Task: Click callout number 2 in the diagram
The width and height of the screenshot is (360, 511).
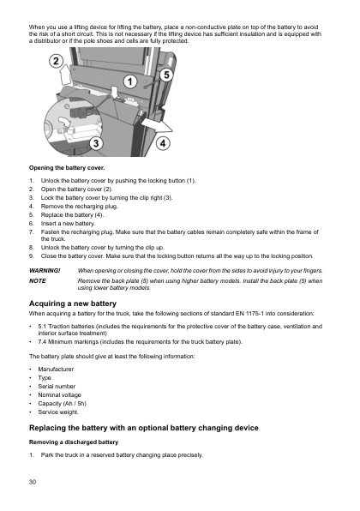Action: pos(55,62)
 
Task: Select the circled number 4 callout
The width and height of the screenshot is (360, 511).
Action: pos(162,144)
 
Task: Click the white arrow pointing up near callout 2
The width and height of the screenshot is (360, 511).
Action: pos(67,86)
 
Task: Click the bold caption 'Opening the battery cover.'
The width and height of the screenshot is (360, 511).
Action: pos(67,169)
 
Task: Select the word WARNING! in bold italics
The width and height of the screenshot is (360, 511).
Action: pos(44,271)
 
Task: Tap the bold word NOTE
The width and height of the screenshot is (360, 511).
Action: pos(38,280)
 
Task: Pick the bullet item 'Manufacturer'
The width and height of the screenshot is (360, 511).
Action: pos(57,368)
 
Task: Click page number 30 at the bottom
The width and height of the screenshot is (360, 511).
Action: pos(33,484)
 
